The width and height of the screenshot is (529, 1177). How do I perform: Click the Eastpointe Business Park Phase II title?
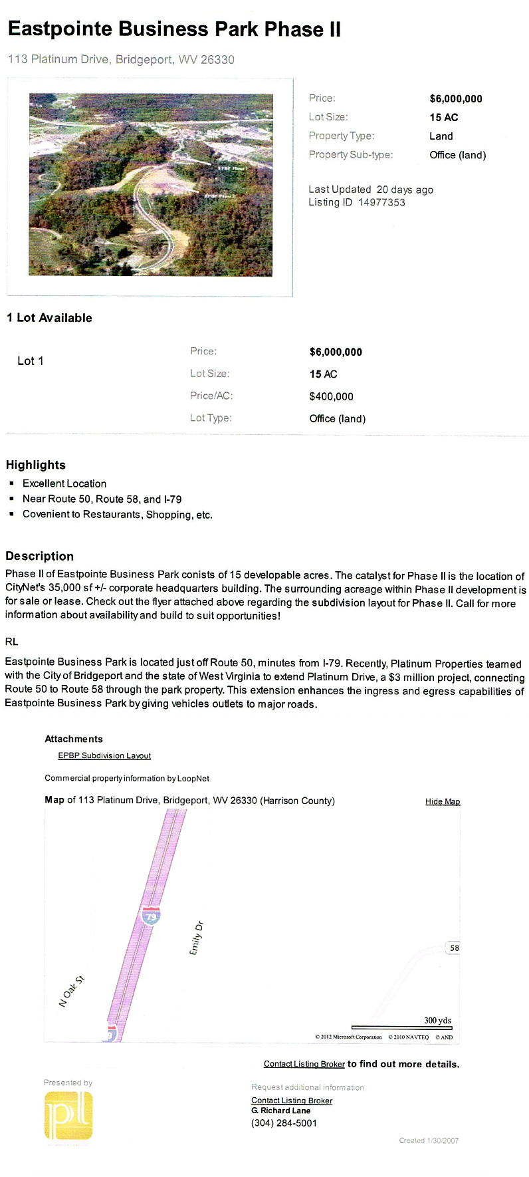174,29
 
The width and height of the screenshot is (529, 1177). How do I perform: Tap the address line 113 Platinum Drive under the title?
121,59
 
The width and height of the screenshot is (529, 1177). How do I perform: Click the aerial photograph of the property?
151,184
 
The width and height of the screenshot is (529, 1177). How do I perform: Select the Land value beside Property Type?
441,136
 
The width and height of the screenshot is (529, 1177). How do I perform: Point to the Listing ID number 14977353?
381,202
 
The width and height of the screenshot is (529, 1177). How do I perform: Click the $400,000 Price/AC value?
331,396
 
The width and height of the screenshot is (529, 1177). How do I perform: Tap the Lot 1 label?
31,361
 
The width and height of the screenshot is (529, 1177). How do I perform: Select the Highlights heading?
36,465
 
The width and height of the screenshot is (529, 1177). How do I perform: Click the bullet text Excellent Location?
64,483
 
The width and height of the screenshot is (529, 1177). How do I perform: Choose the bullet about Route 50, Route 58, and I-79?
102,499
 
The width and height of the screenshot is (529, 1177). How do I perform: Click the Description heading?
40,556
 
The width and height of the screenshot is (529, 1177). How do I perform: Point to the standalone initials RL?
12,642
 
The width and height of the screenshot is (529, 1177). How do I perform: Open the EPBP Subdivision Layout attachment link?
104,755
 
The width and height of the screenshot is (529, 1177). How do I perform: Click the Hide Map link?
443,801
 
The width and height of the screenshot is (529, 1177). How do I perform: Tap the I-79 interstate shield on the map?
151,916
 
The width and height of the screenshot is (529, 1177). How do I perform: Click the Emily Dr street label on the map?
197,938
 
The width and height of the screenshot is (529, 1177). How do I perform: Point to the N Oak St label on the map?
72,991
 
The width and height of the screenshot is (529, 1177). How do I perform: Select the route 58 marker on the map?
454,948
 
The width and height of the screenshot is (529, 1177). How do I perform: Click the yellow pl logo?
68,1116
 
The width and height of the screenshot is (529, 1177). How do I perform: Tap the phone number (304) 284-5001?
284,1123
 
